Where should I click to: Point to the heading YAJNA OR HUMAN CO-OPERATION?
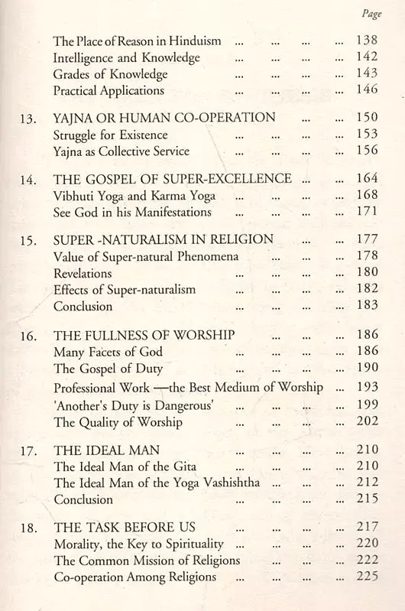(164, 119)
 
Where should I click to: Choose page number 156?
(367, 151)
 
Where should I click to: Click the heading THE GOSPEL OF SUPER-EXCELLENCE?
(172, 179)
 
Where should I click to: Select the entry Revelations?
(83, 273)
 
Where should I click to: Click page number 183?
(367, 306)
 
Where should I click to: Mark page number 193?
(367, 388)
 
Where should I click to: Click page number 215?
(367, 499)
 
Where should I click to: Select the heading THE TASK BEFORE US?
(125, 528)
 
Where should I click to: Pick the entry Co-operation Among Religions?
(135, 577)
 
